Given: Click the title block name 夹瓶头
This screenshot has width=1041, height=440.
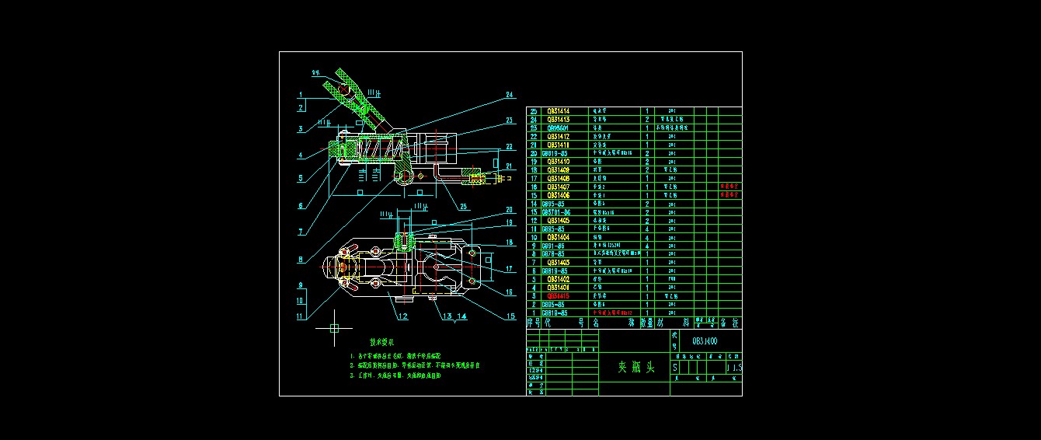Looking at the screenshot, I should pyautogui.click(x=635, y=367).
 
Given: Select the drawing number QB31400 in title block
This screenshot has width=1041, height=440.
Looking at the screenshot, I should pyautogui.click(x=705, y=340).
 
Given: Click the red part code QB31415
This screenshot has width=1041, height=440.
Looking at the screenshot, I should pyautogui.click(x=558, y=295).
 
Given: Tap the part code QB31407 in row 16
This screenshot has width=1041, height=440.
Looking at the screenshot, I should pyautogui.click(x=558, y=187).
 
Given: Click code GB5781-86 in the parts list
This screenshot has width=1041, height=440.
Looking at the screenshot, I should pyautogui.click(x=556, y=212).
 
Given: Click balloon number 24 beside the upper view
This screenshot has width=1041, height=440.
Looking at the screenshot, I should pyautogui.click(x=510, y=95).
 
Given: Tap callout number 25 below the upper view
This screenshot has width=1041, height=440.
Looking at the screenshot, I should pyautogui.click(x=464, y=206).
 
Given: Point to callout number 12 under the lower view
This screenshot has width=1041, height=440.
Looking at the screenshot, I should pyautogui.click(x=402, y=316).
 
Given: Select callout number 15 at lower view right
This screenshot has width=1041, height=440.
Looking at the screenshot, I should pyautogui.click(x=510, y=316).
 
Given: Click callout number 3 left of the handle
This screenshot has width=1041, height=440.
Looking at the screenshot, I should pyautogui.click(x=300, y=129).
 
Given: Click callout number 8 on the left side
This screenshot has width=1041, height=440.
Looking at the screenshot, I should pyautogui.click(x=301, y=260).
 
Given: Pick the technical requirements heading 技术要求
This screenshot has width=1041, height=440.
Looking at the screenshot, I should pyautogui.click(x=382, y=341).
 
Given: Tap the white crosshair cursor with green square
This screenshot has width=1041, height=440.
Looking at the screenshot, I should pyautogui.click(x=335, y=328).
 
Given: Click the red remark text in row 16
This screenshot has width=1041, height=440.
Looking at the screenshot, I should pyautogui.click(x=729, y=187).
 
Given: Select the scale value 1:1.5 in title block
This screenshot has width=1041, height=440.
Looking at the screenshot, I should pyautogui.click(x=733, y=367).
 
